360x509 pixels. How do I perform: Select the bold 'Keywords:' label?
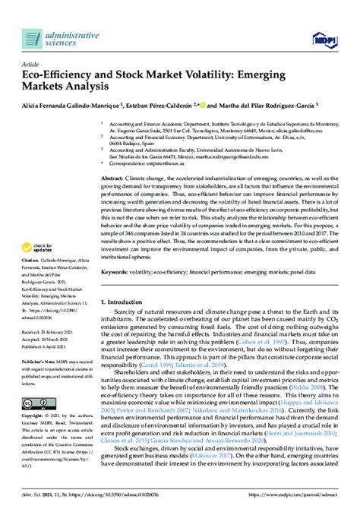pos(118,270)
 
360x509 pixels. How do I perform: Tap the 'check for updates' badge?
pos(43,227)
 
